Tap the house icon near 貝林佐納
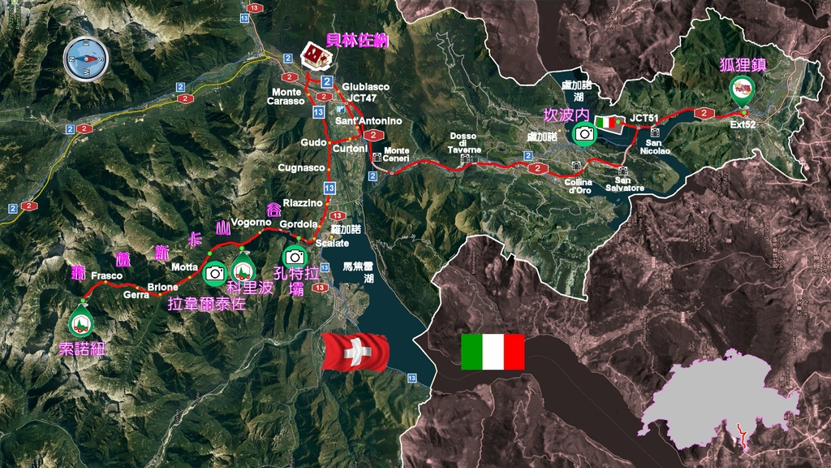[x=314, y=57]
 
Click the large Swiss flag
[x=355, y=352]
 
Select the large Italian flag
[x=493, y=352]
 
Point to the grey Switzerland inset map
[x=719, y=399]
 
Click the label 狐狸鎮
[x=743, y=64]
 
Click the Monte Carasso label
[x=287, y=97]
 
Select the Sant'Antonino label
[x=368, y=121]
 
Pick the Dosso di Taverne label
[x=465, y=143]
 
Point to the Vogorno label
[x=250, y=222]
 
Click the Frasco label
[x=106, y=275]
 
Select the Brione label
[x=162, y=287]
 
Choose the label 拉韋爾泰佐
[x=205, y=304]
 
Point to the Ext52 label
[x=743, y=125]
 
